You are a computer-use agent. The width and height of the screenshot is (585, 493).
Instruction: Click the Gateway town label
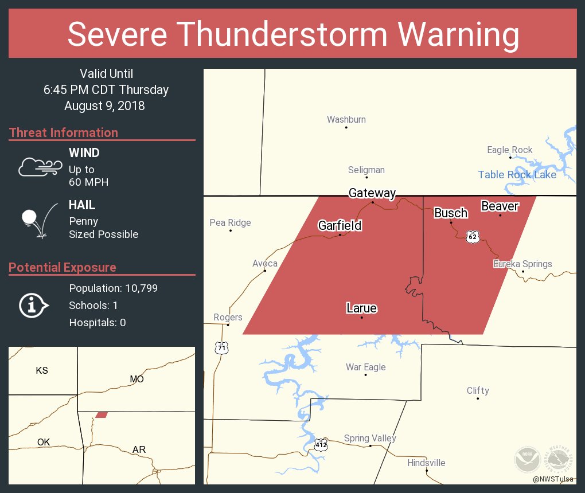(x=372, y=193)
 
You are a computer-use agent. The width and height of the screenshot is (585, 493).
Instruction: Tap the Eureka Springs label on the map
(x=522, y=264)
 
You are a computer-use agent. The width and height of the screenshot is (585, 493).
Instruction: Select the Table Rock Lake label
(x=517, y=175)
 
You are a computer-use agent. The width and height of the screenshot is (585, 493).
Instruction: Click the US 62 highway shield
(x=472, y=237)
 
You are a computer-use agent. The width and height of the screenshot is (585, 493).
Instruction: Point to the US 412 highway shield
(x=321, y=444)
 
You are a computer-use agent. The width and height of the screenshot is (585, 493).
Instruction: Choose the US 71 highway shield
(x=221, y=347)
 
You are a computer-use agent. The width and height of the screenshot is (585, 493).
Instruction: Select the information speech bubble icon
(x=33, y=306)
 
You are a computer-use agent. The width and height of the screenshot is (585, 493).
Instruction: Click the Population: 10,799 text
(x=113, y=288)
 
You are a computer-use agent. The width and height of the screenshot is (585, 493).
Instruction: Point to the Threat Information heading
(x=63, y=132)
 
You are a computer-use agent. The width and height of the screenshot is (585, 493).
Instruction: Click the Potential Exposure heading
(x=62, y=267)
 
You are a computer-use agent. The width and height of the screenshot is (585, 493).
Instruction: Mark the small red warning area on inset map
(x=102, y=414)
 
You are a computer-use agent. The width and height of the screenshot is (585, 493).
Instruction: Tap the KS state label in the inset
(x=42, y=370)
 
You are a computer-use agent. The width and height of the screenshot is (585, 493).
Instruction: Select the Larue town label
(x=361, y=308)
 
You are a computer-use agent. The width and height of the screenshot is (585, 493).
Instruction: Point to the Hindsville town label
(x=426, y=463)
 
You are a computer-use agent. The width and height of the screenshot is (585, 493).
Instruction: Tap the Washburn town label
(x=346, y=119)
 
